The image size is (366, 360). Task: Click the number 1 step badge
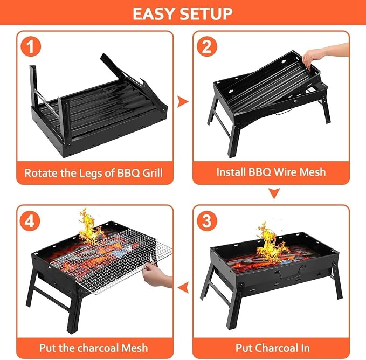tap(31, 46)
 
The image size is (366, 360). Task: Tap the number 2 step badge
tap(207, 46)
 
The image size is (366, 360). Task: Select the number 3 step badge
tap(207, 221)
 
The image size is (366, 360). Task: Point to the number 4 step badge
tap(30, 221)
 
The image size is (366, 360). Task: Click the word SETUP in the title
tap(206, 13)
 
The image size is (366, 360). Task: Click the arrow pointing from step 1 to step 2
tap(183, 101)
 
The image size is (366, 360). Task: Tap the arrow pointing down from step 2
tap(274, 193)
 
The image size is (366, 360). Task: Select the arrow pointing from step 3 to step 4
tap(183, 287)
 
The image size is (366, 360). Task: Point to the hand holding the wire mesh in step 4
tap(156, 275)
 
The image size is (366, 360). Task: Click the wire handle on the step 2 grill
tap(283, 112)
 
